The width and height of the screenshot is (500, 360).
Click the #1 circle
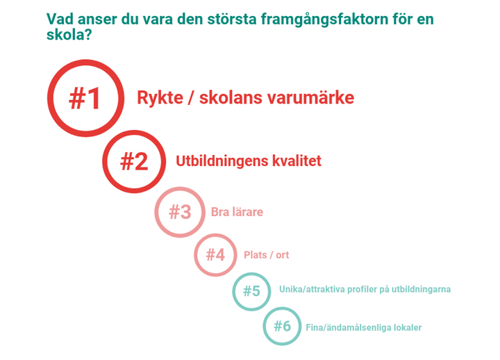(85, 98)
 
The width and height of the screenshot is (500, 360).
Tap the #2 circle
(134, 161)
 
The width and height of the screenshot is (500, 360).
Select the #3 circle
(180, 212)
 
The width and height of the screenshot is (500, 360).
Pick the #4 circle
(215, 254)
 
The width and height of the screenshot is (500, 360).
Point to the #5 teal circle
(251, 291)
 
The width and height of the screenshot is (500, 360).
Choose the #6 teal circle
(282, 326)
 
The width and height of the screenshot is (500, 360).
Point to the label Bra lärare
(237, 212)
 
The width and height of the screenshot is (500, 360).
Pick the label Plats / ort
(266, 255)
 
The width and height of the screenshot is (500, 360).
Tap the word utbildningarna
(422, 289)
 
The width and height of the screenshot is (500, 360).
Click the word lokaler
(408, 327)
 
